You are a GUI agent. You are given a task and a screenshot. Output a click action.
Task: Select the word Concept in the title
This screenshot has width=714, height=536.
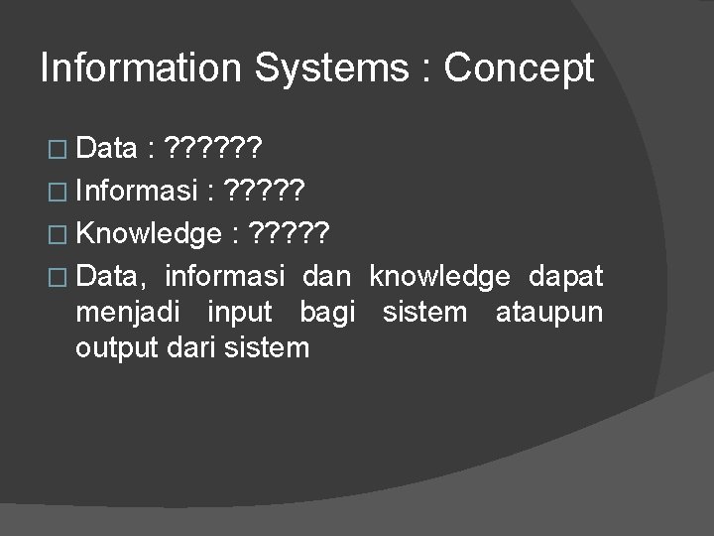519,68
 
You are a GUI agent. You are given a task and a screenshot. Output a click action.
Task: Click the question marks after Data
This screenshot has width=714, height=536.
214,150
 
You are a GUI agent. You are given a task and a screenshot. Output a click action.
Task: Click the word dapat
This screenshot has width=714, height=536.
566,276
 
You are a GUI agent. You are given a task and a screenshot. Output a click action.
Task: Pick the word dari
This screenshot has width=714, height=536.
196,348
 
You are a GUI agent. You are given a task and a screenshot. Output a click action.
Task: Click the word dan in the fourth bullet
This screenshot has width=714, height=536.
327,276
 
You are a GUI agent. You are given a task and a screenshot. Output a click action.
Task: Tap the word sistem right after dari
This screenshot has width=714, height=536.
270,348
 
